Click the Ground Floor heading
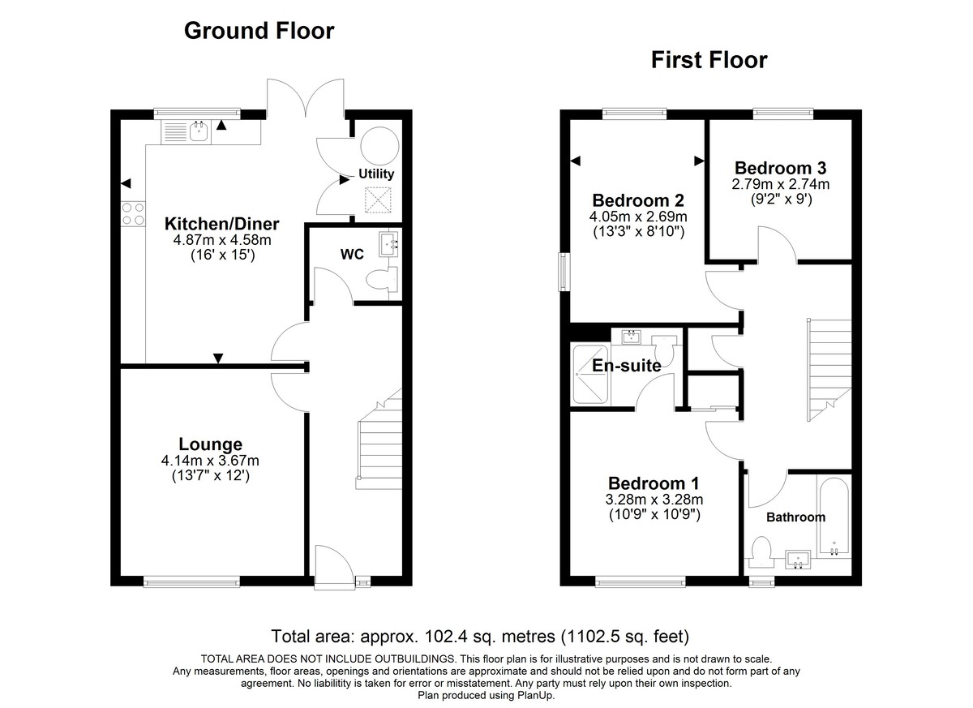point(259,31)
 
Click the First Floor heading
point(709,60)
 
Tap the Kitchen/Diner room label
point(221,224)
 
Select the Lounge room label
point(210,444)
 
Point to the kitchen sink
point(198,131)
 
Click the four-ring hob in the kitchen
point(133,212)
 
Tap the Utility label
point(376,174)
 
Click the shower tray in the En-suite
point(589,374)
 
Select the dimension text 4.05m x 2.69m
point(639,217)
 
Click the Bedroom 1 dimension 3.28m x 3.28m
point(655,499)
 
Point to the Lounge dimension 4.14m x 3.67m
point(210,461)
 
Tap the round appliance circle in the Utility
point(379,146)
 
